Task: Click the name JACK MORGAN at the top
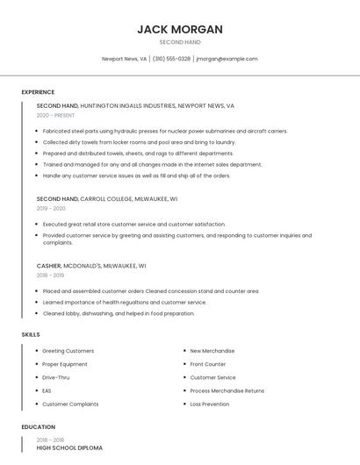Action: tap(180, 29)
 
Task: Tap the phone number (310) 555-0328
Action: tap(171, 59)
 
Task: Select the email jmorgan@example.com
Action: tap(227, 59)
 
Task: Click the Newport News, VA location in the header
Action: tap(124, 59)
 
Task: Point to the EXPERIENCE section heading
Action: tap(38, 92)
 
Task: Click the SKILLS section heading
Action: tap(31, 334)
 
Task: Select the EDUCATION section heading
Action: tap(38, 427)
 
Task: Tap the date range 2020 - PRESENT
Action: tap(55, 115)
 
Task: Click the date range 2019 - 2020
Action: tap(51, 209)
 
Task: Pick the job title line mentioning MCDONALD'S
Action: tap(91, 265)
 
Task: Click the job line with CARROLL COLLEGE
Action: tap(106, 199)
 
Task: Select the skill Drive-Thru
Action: tap(56, 377)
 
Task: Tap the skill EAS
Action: tap(47, 390)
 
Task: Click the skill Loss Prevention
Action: tap(209, 404)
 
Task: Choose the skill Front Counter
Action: tap(207, 364)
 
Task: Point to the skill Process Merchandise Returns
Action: tap(227, 390)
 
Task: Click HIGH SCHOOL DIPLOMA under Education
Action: tap(69, 447)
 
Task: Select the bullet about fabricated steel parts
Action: tap(165, 131)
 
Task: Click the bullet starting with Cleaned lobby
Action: tap(119, 313)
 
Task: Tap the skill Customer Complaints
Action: tap(70, 404)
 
